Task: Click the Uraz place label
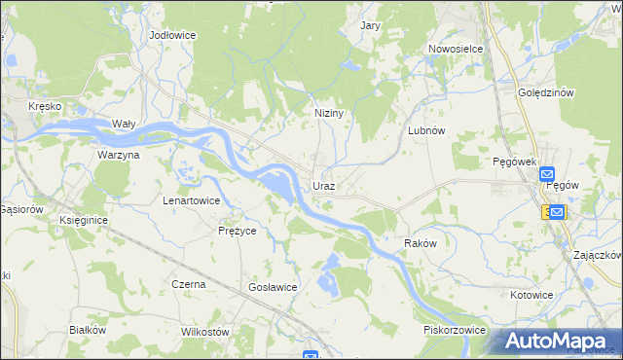[x=324, y=185]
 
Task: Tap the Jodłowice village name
[x=173, y=35]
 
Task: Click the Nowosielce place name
[x=456, y=48]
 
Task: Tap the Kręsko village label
[x=45, y=105]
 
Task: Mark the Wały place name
[x=123, y=124]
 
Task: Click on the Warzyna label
[x=118, y=155]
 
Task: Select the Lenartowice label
[x=191, y=200]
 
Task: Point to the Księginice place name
[x=83, y=221]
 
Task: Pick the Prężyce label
[x=237, y=232]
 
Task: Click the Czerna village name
[x=188, y=284]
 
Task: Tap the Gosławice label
[x=273, y=287]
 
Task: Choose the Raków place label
[x=420, y=243]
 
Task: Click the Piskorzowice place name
[x=454, y=330]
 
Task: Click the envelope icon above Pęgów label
[x=547, y=173]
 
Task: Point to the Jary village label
[x=370, y=26]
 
